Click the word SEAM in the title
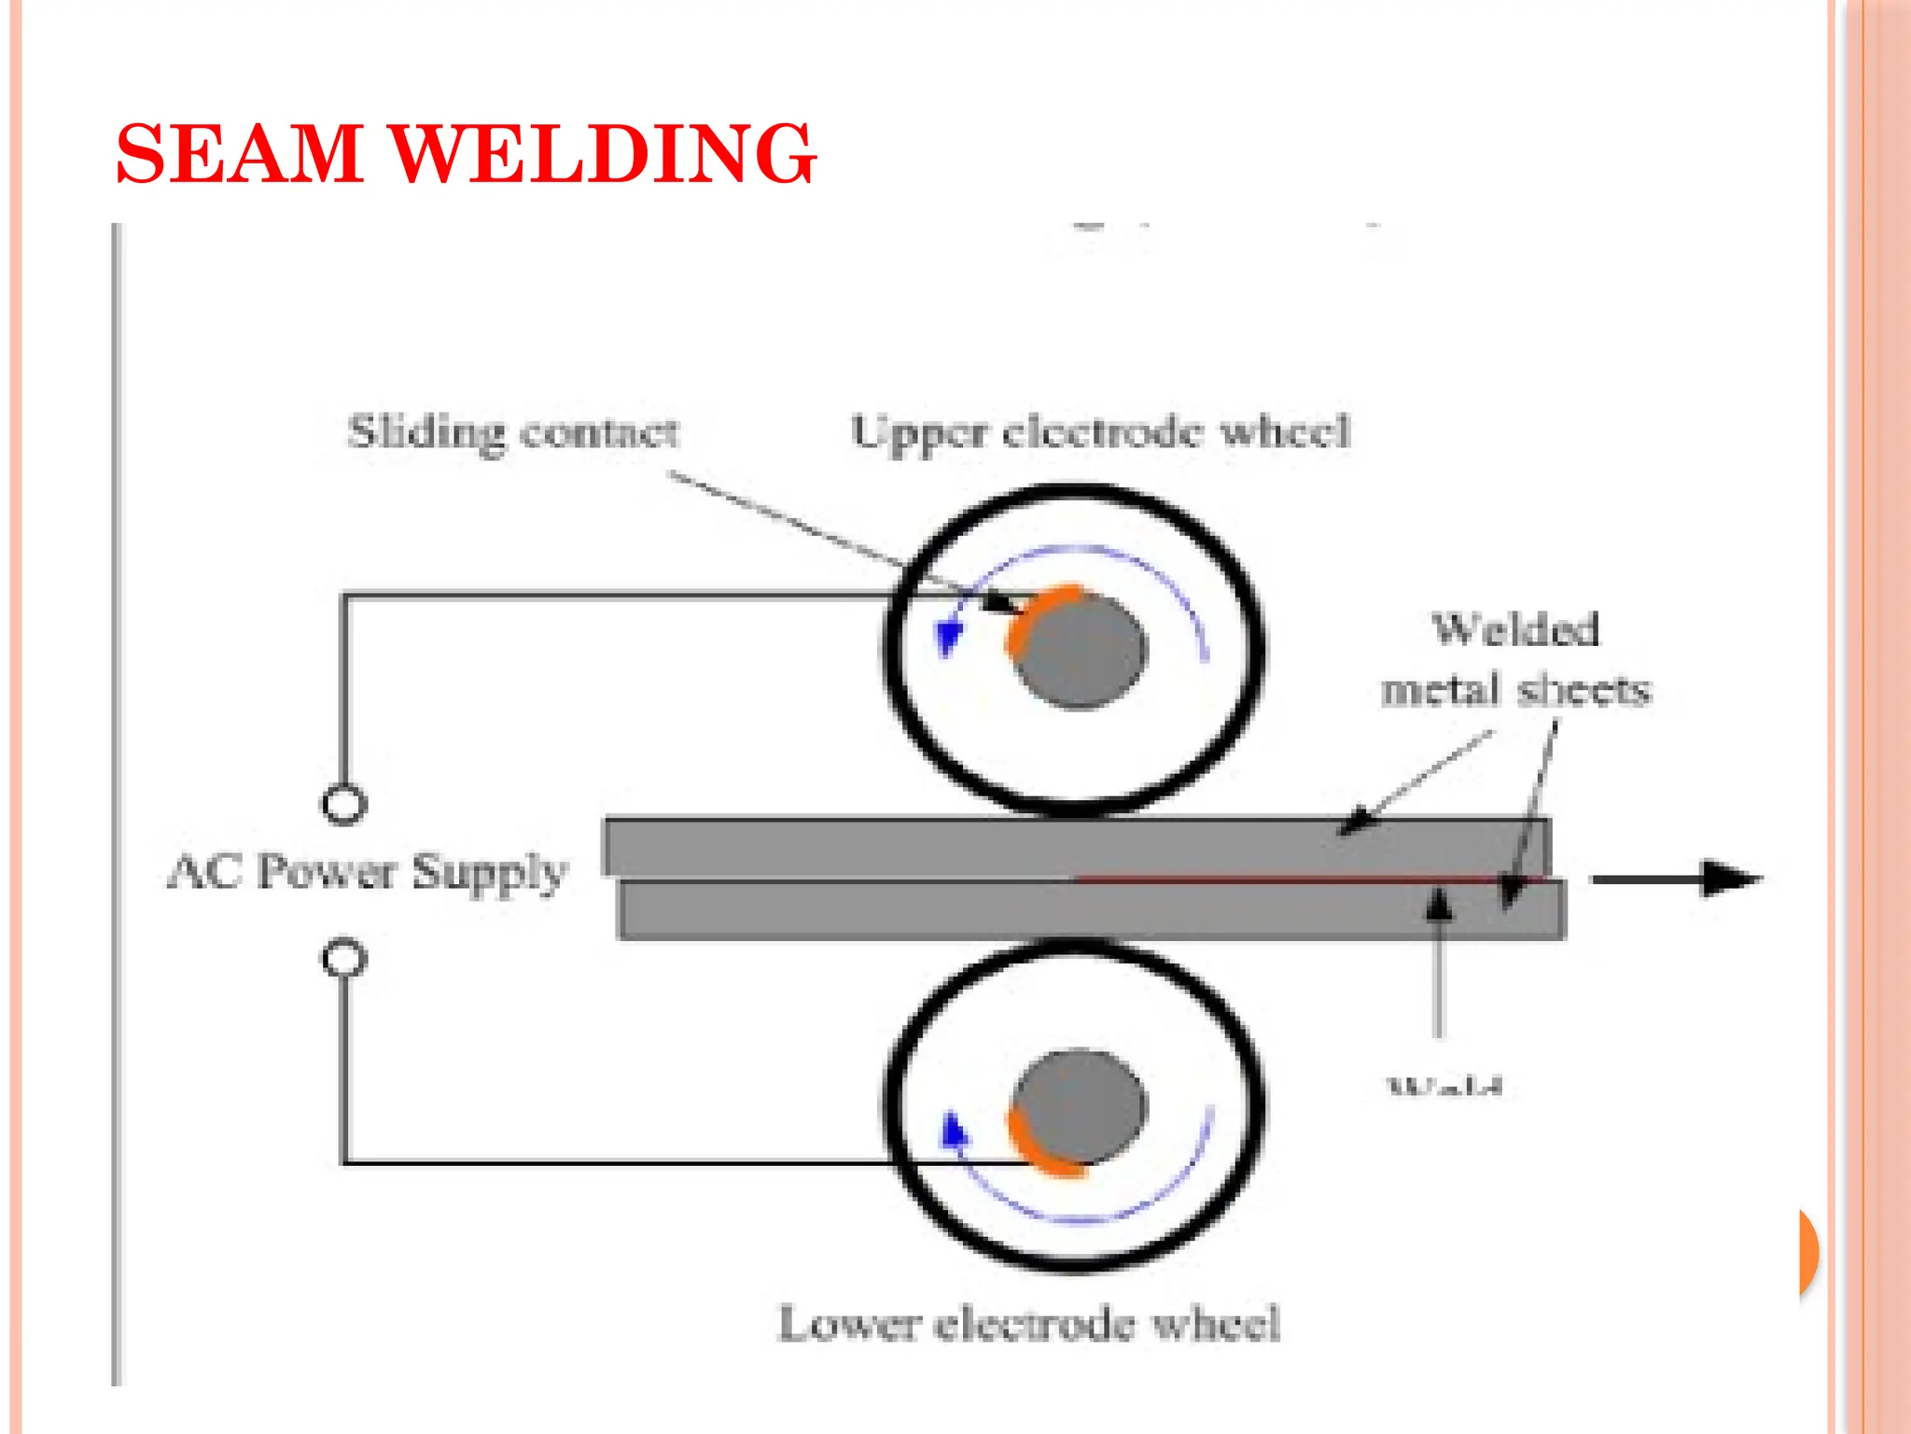(x=239, y=154)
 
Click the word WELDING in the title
(x=602, y=154)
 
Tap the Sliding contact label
(x=512, y=432)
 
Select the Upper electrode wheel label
(x=1100, y=432)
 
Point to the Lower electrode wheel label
(x=1028, y=1323)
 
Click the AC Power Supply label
(x=367, y=872)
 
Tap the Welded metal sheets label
(x=1515, y=660)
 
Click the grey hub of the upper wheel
(x=1082, y=652)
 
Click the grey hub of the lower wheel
(x=1082, y=1106)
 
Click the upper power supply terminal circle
(x=344, y=805)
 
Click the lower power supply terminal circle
(x=344, y=959)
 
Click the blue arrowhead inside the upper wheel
(x=949, y=638)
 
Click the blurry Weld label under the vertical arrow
(x=1444, y=1086)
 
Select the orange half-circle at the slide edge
(x=1808, y=1252)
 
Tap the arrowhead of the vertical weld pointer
(x=1440, y=904)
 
